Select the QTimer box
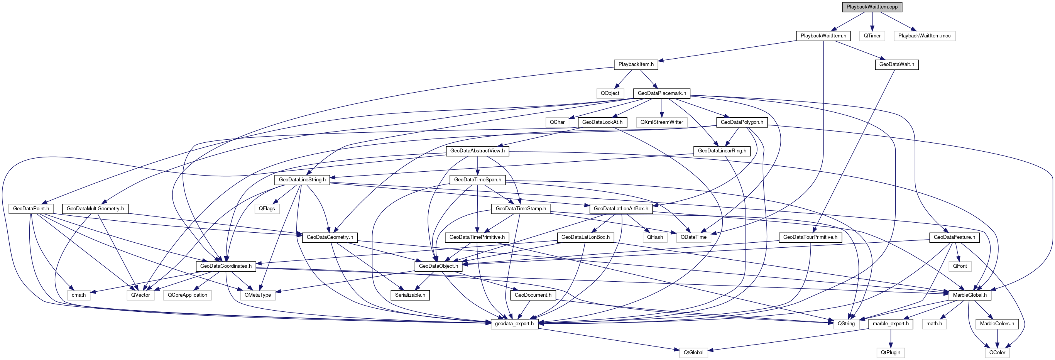click(x=872, y=35)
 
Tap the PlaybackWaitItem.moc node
click(x=924, y=35)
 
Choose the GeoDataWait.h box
click(x=896, y=64)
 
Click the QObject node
click(x=609, y=93)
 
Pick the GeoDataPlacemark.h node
click(x=661, y=93)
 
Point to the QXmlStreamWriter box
click(x=661, y=122)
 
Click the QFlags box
click(x=267, y=208)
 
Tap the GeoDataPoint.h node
click(x=31, y=208)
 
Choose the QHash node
click(x=655, y=237)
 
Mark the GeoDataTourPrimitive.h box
click(x=810, y=237)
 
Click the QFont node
click(x=960, y=266)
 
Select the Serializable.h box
click(x=410, y=295)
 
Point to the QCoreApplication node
click(x=187, y=295)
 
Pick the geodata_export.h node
click(x=514, y=324)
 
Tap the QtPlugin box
click(x=890, y=352)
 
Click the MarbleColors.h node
click(x=996, y=324)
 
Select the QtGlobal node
click(x=693, y=352)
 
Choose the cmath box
click(x=79, y=295)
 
